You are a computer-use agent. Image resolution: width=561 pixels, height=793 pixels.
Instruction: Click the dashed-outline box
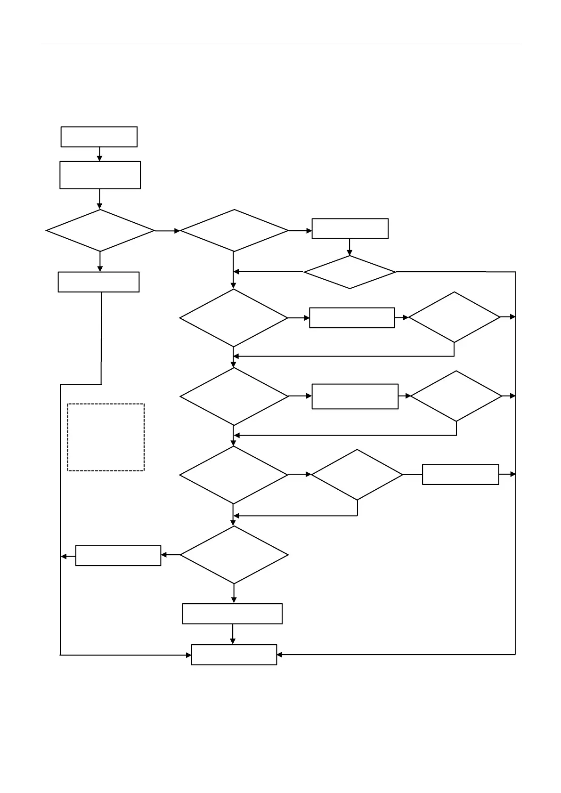106,437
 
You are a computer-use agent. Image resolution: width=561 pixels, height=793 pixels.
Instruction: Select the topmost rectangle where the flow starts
99,137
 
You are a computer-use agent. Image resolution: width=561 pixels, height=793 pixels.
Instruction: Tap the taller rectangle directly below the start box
100,175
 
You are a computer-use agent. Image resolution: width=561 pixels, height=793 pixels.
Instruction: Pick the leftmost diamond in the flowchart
100,231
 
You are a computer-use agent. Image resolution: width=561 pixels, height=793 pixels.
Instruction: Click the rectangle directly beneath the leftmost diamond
98,282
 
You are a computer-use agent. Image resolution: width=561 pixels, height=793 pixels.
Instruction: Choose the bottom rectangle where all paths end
234,655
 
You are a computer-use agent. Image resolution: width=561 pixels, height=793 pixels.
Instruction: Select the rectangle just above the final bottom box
232,614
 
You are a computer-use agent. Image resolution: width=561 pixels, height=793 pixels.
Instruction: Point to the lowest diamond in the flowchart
234,555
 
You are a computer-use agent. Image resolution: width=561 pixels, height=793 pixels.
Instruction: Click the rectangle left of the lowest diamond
118,555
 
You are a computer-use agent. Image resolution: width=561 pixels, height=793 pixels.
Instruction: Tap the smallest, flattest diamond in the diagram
350,272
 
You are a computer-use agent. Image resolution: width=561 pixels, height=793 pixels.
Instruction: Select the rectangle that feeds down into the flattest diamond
350,228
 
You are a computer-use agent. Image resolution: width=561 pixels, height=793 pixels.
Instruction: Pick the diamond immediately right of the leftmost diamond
234,231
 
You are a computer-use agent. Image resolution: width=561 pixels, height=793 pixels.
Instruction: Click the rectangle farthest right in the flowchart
460,474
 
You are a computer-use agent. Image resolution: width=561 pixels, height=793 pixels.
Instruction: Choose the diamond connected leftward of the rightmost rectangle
357,474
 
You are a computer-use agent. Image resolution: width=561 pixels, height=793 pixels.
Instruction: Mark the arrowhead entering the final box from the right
279,655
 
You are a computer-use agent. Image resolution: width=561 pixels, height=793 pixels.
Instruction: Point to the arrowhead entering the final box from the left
188,655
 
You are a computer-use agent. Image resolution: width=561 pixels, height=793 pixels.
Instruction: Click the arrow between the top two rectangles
99,154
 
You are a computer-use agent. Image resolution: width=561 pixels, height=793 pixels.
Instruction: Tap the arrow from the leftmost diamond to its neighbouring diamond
168,231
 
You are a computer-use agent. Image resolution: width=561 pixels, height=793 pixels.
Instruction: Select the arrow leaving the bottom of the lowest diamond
234,594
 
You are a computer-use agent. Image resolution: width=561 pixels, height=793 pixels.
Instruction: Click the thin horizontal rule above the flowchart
280,45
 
